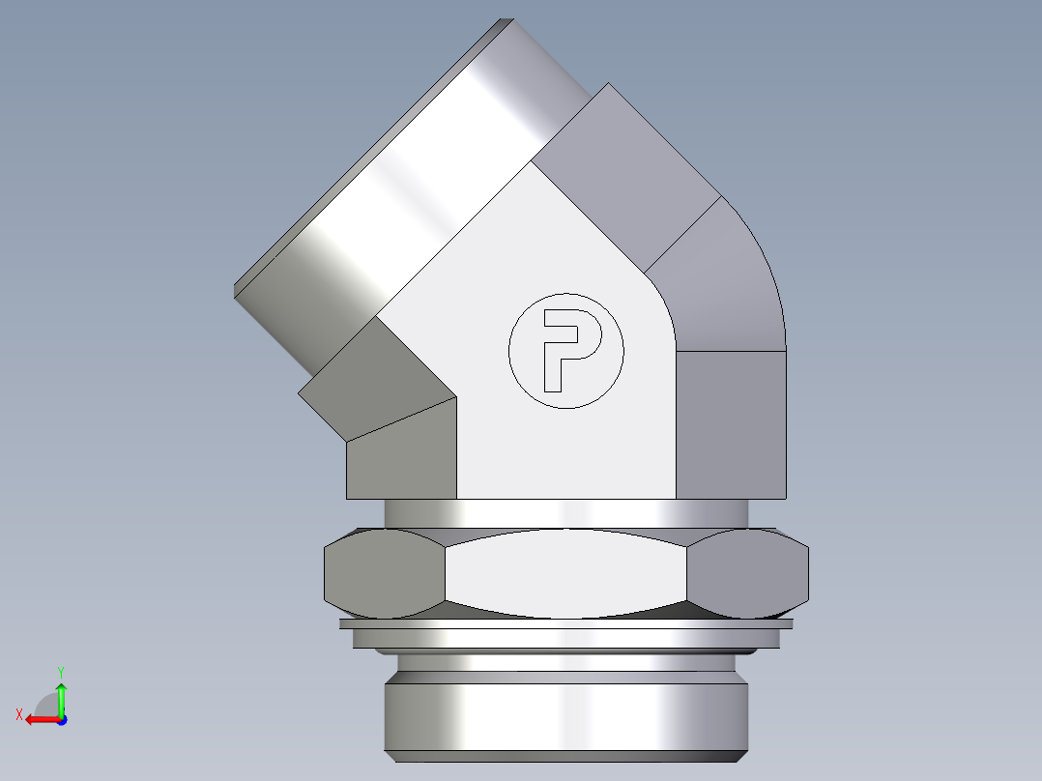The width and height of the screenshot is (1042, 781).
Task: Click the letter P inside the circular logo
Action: [x=568, y=348]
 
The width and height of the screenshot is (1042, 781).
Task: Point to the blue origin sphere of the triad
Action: [x=61, y=720]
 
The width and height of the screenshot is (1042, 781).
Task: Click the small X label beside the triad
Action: [x=19, y=714]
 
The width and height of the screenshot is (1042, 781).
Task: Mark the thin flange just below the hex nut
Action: [x=565, y=624]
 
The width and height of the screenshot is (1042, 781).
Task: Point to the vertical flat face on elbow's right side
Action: [x=730, y=425]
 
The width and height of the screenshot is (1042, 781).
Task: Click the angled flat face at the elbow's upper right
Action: [x=628, y=174]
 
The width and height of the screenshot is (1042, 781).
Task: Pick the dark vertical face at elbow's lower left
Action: [x=401, y=454]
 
